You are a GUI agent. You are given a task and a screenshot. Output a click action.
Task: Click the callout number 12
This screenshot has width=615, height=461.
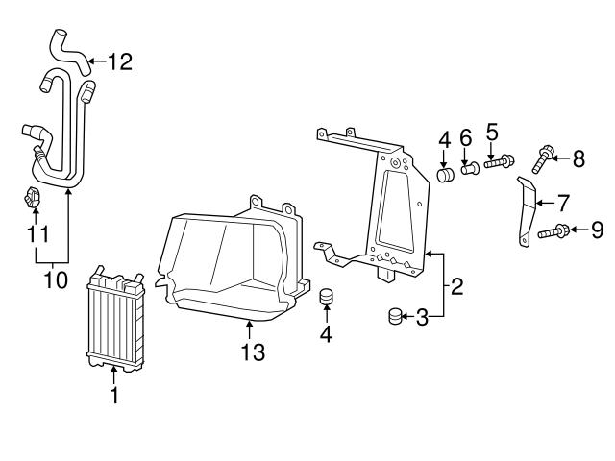(x=119, y=62)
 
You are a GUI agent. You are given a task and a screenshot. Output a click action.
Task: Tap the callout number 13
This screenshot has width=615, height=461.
(x=252, y=352)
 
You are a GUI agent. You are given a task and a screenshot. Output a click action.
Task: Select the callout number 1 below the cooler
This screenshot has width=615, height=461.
(x=114, y=395)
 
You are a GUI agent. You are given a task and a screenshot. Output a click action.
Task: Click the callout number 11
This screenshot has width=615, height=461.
(x=36, y=232)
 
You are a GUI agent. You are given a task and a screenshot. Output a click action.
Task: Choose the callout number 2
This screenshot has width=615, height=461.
(x=457, y=285)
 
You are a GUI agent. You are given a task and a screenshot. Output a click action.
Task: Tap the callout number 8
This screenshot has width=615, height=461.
(x=578, y=159)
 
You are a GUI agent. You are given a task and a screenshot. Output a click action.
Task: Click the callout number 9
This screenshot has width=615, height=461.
(x=597, y=230)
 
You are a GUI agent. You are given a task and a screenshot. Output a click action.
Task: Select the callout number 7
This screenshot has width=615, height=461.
(x=563, y=203)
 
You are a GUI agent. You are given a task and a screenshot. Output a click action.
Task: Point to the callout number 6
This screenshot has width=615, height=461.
(x=466, y=138)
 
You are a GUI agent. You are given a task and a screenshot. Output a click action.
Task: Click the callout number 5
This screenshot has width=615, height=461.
(x=491, y=130)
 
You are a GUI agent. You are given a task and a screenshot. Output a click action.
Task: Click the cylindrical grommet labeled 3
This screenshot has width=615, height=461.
(x=395, y=316)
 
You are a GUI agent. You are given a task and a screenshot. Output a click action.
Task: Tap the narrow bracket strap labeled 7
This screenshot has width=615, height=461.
(x=527, y=210)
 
